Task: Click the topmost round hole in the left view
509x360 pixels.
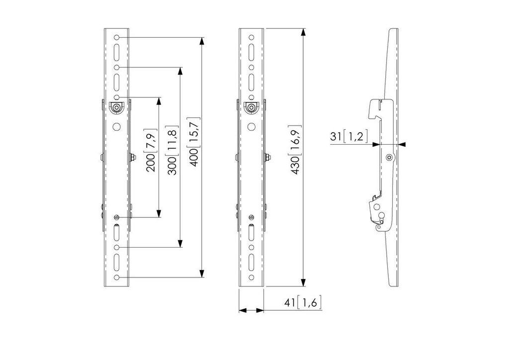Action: (x=117, y=37)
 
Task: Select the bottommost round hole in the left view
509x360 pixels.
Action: (x=117, y=277)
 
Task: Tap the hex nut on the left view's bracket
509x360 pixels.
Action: (x=132, y=158)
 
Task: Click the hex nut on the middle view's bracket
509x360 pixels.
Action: (x=267, y=158)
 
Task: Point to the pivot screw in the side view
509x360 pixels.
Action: (x=389, y=158)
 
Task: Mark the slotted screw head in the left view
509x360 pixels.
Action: (x=117, y=217)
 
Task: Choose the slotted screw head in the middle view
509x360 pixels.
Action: (x=252, y=217)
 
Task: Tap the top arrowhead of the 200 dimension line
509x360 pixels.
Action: (x=159, y=101)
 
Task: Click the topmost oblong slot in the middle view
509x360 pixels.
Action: (x=252, y=51)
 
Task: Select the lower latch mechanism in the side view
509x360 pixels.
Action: (x=378, y=214)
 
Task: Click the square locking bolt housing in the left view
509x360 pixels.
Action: (x=116, y=107)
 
